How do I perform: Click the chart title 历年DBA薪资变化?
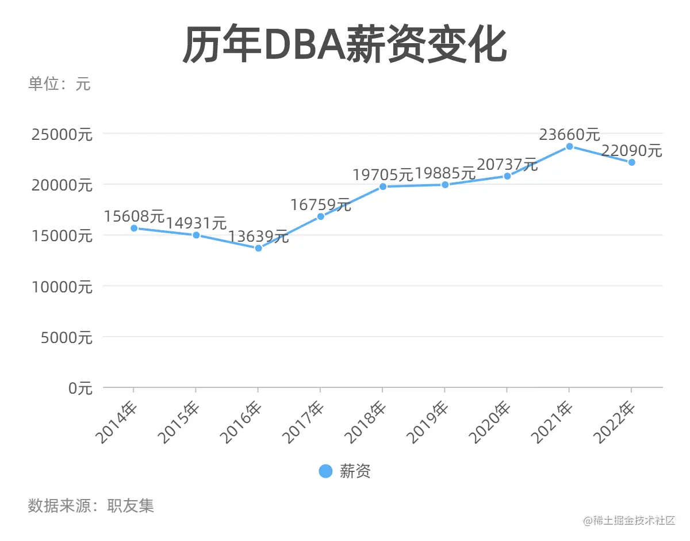344,44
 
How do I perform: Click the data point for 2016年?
258,248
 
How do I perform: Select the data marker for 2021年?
569,146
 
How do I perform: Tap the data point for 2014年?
134,228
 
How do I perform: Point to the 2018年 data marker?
383,186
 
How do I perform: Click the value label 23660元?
569,135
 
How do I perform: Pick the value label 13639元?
258,236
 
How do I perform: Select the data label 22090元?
631,151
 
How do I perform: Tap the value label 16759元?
320,204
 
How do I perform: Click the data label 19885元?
445,173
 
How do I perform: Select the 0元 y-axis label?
80,388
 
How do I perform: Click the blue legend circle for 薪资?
325,471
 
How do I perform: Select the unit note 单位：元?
59,84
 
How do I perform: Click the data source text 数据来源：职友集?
91,506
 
